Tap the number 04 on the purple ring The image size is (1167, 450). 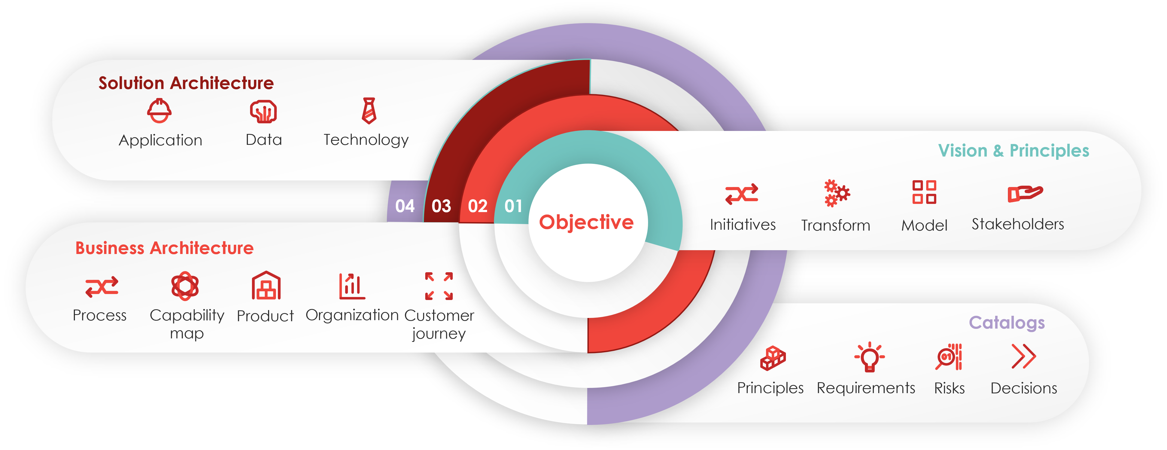click(405, 206)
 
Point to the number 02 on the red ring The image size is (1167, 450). click(478, 206)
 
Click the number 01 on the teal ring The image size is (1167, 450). click(513, 206)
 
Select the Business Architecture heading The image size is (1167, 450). click(165, 248)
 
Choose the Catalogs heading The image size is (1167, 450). click(1007, 323)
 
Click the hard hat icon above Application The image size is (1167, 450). click(159, 111)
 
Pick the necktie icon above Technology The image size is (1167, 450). click(369, 111)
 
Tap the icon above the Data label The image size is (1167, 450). click(263, 111)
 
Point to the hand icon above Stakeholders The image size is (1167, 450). click(1025, 193)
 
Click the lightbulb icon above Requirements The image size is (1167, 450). click(869, 357)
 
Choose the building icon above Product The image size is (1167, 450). click(266, 285)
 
